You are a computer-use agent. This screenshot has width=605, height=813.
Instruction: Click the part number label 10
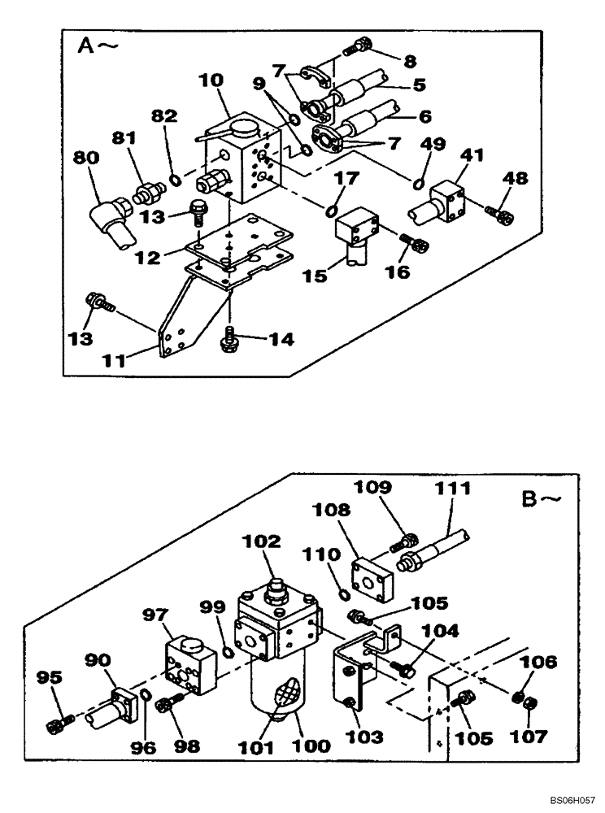point(212,81)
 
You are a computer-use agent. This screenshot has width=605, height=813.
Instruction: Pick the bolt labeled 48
point(498,214)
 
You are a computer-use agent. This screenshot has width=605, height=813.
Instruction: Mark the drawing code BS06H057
point(572,800)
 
